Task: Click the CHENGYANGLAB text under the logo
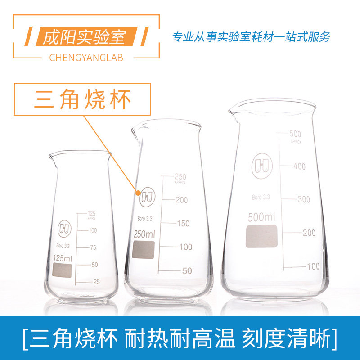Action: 85,58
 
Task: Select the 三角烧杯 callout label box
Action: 83,100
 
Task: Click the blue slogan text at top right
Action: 252,36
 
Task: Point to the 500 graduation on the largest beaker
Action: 295,134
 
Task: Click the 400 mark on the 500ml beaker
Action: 299,166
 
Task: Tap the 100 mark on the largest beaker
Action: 313,266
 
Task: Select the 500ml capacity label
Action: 261,218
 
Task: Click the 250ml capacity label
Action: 144,234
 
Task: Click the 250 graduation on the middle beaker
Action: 180,176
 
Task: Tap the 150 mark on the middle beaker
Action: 183,224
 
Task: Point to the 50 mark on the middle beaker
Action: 187,271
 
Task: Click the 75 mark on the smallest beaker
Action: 94,247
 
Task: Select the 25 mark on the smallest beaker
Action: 96,282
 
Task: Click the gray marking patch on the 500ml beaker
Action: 262,237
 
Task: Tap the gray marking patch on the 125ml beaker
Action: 62,271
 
